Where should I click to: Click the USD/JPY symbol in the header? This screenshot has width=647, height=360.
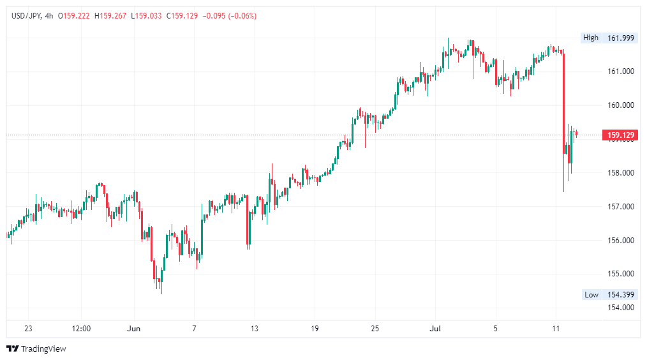26,16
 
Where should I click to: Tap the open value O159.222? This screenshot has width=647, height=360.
74,16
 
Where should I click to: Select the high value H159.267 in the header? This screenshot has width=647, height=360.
110,16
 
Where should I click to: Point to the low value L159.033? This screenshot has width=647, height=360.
147,16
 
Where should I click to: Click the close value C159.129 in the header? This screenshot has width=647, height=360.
182,16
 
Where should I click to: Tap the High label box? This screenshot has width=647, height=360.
591,38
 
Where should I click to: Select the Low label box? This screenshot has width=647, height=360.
591,294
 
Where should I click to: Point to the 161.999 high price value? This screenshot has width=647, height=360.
620,38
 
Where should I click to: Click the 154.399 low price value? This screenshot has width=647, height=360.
620,294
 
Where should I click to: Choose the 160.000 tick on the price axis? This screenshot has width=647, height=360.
620,105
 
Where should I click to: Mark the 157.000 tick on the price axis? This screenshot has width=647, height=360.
620,206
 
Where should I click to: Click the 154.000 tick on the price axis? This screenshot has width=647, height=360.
620,308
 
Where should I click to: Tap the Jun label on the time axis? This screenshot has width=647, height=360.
133,329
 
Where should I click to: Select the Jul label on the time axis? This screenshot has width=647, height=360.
435,329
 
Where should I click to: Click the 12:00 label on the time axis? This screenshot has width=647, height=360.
81,329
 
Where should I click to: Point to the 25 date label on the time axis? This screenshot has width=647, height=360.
375,329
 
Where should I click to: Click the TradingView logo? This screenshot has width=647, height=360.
36,349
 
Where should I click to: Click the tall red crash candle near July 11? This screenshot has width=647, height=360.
564,102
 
